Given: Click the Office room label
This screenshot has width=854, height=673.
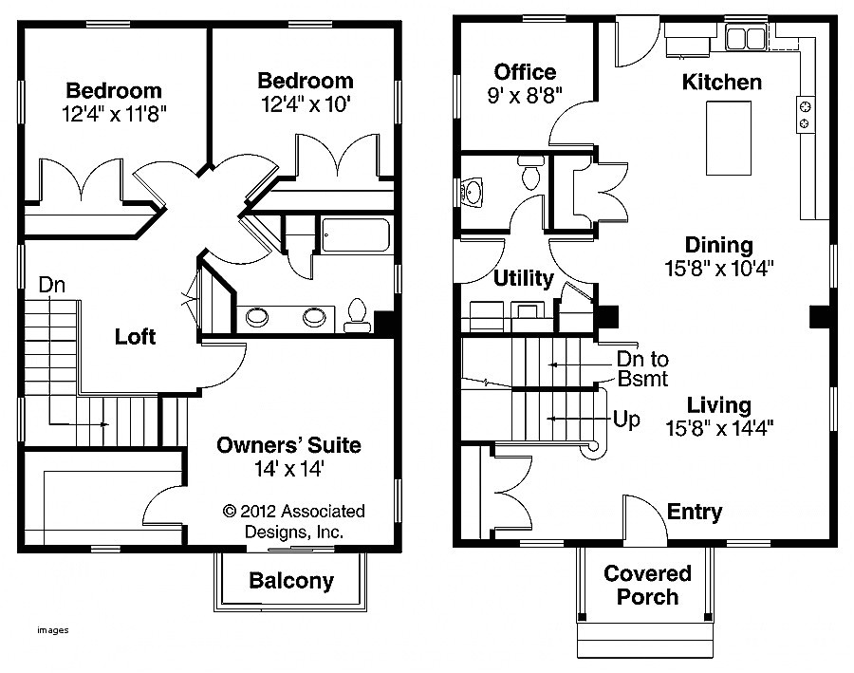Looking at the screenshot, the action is point(525,72).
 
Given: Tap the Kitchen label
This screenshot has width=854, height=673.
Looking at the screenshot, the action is point(722,83).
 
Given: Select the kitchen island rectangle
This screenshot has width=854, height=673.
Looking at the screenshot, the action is point(728,138).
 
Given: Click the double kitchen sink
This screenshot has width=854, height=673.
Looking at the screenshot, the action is point(746,38).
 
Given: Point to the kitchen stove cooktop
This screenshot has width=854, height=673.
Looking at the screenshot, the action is point(805,115).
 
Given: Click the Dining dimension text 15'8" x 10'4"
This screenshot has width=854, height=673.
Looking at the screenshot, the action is point(719,268).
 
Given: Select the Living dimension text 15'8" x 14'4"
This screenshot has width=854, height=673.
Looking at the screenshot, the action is point(719,428).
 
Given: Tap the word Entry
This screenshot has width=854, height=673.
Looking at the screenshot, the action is point(695,512).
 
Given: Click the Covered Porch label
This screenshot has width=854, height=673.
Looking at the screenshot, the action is point(647,586).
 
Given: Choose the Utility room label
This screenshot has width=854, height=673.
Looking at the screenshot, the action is point(523,278).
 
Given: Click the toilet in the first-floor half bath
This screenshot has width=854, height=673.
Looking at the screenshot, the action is point(530,171).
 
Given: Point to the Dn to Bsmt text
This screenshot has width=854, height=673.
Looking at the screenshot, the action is point(642,369).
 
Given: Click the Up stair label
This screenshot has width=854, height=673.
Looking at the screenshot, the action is point(626,420).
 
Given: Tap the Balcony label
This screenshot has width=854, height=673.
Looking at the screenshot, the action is point(291,581).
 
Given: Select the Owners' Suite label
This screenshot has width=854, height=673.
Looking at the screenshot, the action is point(288,445).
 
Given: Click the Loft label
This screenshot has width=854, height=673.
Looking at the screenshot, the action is point(135,337).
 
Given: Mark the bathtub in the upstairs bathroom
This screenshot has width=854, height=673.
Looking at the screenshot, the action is point(356,234).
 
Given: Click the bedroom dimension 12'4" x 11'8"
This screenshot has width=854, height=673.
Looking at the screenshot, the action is point(114,115).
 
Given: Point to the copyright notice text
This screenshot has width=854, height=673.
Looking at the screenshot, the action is point(293,521).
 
